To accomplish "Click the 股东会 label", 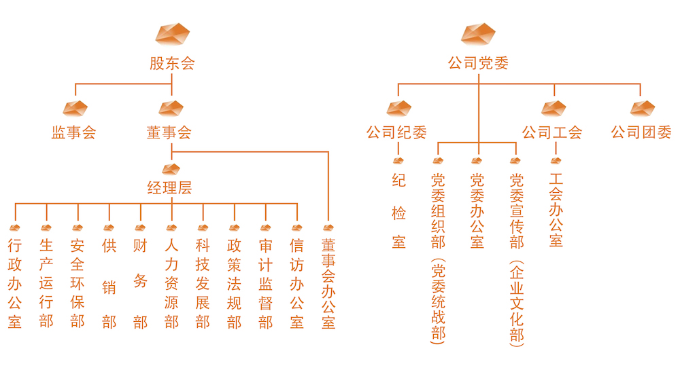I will (x=172, y=65).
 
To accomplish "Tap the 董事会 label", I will (x=169, y=132).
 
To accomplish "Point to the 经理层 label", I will (x=170, y=187).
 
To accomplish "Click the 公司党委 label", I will (x=478, y=65).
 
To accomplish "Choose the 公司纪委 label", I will (x=396, y=132).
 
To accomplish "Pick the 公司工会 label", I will (x=552, y=132).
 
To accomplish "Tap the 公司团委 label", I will (x=641, y=132).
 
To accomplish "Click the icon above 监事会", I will (x=75, y=108).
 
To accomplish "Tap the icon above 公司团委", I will (x=642, y=108).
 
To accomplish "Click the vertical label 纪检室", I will (x=399, y=211).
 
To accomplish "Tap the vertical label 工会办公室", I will (x=556, y=211).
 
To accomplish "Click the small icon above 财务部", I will (x=140, y=227).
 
